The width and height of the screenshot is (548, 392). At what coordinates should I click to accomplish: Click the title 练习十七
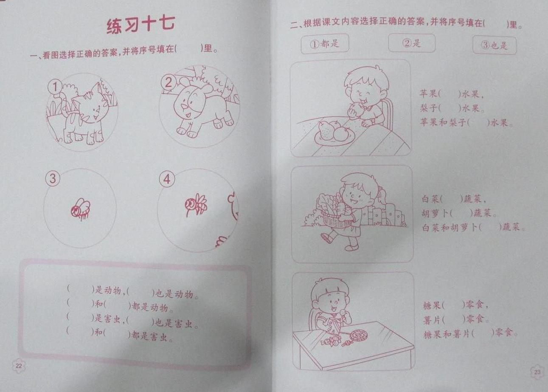141,25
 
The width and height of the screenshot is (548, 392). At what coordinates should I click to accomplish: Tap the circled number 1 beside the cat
55,87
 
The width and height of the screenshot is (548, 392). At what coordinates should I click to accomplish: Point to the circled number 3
53,178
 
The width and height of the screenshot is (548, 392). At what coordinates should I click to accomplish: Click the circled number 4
167,179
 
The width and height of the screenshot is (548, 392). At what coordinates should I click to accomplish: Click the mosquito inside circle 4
196,205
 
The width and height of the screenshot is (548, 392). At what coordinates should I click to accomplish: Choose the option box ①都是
325,44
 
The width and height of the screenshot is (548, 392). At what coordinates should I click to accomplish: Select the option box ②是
411,43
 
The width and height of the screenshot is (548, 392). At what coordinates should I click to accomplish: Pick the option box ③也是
494,45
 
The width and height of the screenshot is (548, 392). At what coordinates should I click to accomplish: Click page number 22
19,366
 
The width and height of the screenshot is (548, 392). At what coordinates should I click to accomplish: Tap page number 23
537,372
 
